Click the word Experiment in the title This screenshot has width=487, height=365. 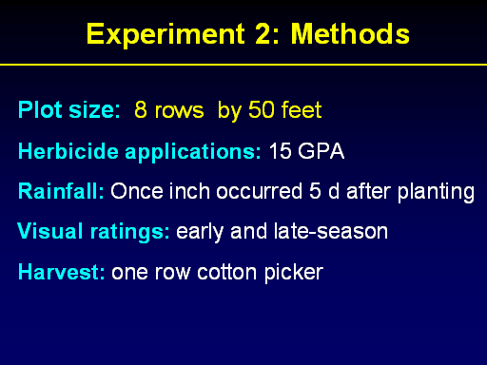(166, 35)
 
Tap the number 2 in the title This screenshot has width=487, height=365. (263, 33)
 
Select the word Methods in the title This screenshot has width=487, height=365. (350, 33)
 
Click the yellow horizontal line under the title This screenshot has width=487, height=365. (243, 65)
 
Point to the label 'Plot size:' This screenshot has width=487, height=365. (69, 109)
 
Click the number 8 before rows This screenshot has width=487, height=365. (141, 109)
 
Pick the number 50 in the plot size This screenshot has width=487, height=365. (261, 109)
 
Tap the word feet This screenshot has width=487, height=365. (302, 109)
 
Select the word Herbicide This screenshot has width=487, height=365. (68, 151)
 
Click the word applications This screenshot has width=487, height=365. (193, 152)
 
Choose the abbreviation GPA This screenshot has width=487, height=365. (321, 151)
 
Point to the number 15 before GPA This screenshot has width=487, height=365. (280, 151)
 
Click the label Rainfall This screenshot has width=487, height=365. (61, 191)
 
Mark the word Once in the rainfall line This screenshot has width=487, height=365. (137, 191)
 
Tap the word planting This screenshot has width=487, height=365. (436, 192)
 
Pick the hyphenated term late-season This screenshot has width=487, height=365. (331, 231)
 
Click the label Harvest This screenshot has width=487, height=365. (62, 272)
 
